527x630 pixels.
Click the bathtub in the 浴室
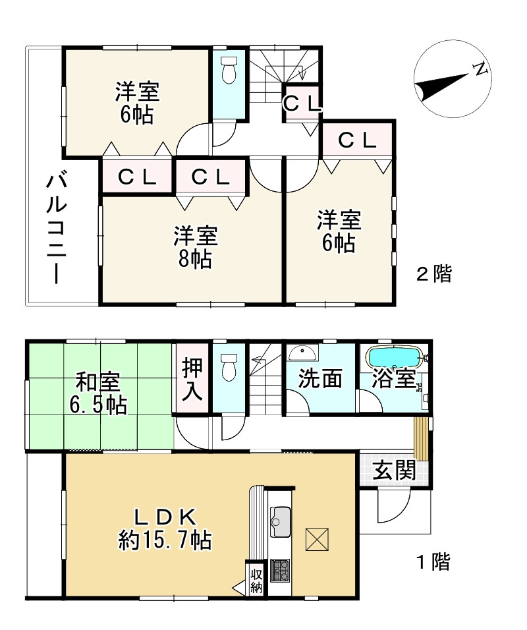coord(395,357)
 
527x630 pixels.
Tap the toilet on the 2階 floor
coord(229,70)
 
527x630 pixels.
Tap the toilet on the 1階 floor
coord(229,366)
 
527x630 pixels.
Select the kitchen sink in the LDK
coord(281,521)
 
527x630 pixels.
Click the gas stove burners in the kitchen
coord(280,571)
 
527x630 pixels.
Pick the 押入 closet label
coord(192,380)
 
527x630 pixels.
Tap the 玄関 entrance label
coord(394,471)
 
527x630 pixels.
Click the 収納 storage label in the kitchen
coord(256,582)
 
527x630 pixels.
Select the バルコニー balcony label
coord(56,228)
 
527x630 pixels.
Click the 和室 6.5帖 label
coord(98,393)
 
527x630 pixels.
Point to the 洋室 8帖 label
coord(196,246)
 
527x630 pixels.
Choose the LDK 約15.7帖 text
coord(165,529)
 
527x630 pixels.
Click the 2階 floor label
coord(434,273)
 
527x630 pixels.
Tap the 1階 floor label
coord(434,561)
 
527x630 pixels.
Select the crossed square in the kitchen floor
coord(317,540)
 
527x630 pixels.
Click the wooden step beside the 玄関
coord(422,438)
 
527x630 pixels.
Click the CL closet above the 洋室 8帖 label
coord(210,177)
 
